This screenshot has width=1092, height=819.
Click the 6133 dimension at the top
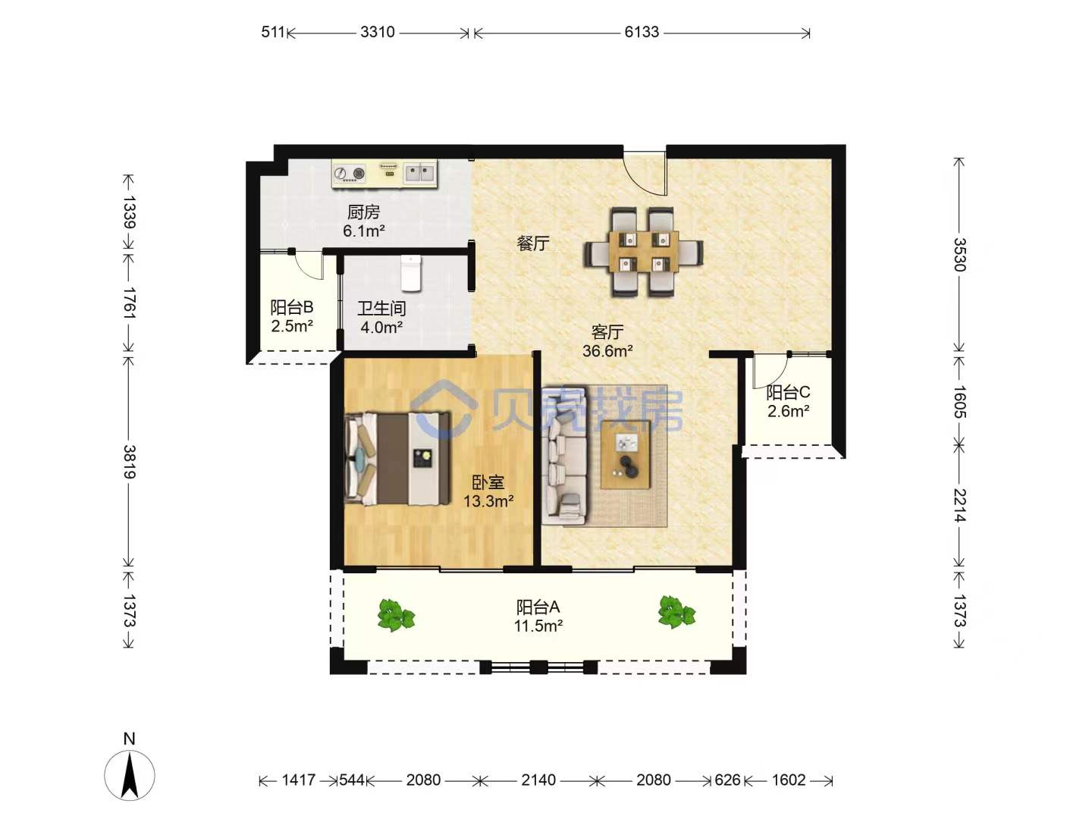642,33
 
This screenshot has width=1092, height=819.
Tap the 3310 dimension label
377,33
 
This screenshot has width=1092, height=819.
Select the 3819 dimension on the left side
130,462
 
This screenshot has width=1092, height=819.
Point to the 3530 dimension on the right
959,255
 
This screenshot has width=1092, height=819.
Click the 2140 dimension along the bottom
538,780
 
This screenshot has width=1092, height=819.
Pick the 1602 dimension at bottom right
788,780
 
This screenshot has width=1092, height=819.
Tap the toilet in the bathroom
410,273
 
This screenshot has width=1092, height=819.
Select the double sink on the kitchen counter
419,173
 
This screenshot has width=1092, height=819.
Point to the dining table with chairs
644,252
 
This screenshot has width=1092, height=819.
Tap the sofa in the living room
566,456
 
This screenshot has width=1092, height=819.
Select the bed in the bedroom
397,459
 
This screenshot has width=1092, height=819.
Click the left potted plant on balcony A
396,615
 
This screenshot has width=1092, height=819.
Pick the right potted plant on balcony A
676,612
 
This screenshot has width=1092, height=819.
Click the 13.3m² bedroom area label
488,501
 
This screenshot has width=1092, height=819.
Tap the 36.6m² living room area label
607,351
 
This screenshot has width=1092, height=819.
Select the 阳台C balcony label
788,393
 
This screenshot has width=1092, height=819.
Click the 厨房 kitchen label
364,212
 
